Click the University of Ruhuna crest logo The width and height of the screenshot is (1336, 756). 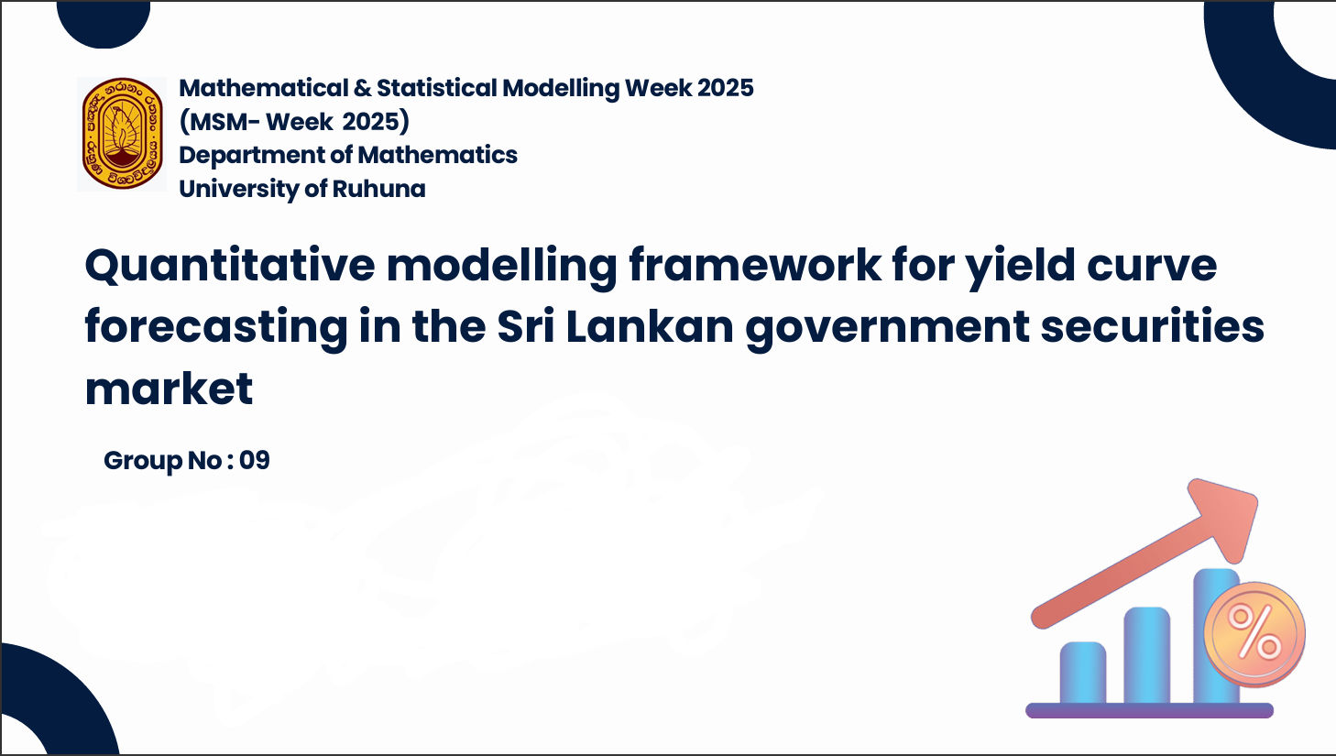[122, 134]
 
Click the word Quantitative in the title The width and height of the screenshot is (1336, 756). [230, 266]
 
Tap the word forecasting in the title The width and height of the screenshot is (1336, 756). [216, 328]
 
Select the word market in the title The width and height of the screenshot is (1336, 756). [170, 389]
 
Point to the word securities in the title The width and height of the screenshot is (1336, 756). [1153, 326]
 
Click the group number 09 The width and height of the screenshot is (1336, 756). [255, 460]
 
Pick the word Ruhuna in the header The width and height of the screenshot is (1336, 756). [378, 189]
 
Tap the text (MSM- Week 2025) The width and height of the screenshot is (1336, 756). [295, 122]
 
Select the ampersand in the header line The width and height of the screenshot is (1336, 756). [362, 88]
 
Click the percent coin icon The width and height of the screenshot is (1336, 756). [1254, 634]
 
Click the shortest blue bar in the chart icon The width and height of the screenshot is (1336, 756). [1083, 673]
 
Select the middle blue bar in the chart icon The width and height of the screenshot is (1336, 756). [1147, 655]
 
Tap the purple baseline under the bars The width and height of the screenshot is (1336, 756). [1149, 711]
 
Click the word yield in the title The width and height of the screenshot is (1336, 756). [1021, 266]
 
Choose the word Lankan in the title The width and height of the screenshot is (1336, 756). [650, 326]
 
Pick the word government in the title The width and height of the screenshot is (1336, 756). [888, 328]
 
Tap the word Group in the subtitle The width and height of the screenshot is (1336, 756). [143, 461]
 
